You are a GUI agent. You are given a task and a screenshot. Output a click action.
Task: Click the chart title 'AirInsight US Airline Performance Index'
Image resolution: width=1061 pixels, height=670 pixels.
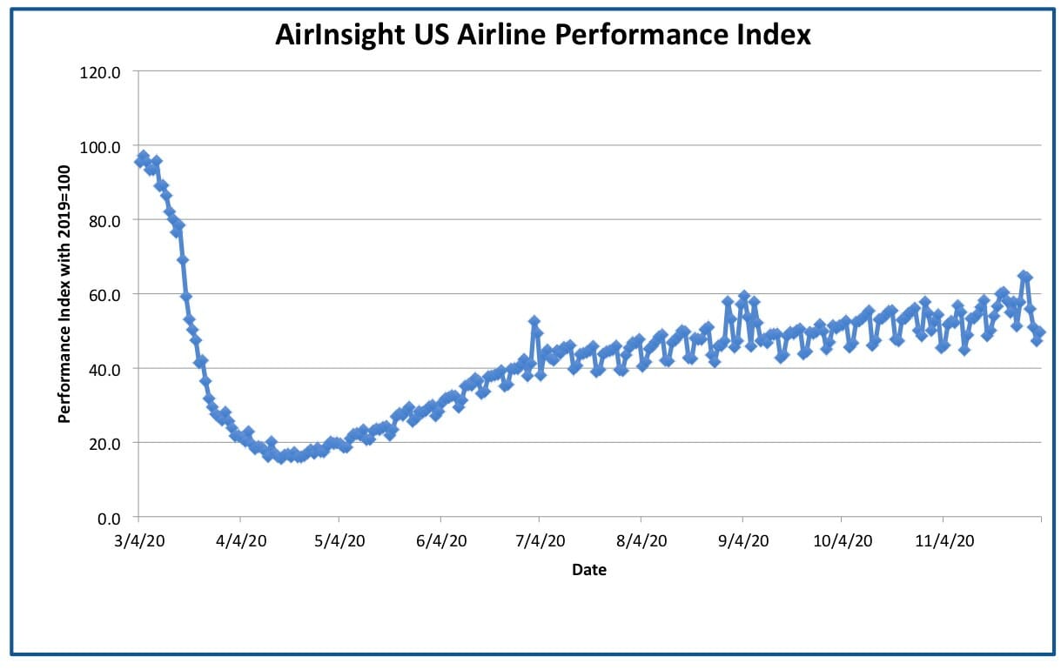coord(543,35)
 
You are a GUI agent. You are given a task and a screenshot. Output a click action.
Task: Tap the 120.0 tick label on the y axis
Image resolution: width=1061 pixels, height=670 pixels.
coord(100,73)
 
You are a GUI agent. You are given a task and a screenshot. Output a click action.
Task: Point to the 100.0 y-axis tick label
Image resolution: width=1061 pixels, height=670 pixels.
coord(100,147)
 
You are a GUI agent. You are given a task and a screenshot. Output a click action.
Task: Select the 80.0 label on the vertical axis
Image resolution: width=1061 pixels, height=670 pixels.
coord(104,221)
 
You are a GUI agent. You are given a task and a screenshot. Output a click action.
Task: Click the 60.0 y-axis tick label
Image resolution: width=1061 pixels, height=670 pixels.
coord(104,296)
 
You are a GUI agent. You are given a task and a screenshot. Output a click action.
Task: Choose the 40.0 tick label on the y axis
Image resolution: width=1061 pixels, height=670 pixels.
coord(104,370)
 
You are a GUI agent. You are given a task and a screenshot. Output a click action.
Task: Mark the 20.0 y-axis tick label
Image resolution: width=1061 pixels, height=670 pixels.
coord(104,444)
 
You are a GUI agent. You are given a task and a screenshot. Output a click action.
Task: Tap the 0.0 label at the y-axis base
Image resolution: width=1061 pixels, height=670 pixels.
coord(109,519)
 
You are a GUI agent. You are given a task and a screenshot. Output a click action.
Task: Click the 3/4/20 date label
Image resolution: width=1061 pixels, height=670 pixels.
coord(139,540)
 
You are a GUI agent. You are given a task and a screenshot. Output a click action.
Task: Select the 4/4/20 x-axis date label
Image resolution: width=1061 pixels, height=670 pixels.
coord(241,540)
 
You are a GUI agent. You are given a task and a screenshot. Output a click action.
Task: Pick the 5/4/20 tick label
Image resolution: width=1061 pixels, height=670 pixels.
coord(339,540)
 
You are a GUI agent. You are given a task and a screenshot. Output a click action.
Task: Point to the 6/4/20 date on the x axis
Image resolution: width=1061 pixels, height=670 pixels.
coord(441,540)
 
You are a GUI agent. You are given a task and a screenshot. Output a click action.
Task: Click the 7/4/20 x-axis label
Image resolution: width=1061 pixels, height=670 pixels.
coord(540,540)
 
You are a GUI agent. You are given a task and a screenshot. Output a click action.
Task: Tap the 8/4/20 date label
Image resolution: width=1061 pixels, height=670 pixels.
coord(641,540)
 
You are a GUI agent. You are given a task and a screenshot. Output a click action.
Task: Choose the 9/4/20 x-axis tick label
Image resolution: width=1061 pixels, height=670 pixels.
coord(743,540)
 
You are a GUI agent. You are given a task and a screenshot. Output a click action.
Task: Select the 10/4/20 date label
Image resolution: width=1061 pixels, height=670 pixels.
coord(843,540)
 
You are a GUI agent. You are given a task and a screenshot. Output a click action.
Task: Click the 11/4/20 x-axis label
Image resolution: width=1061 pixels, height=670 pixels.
coord(944,540)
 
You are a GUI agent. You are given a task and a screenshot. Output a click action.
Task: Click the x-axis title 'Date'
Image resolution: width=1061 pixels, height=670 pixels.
coord(589,570)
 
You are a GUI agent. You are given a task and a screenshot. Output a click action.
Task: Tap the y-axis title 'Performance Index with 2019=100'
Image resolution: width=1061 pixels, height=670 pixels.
coord(64,294)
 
